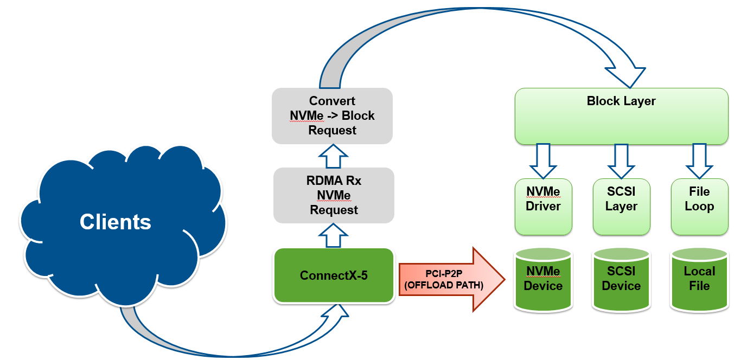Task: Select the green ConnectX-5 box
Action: click(x=334, y=275)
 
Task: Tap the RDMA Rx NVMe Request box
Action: click(x=334, y=195)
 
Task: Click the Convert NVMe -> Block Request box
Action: click(x=332, y=116)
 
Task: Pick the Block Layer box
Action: click(x=621, y=117)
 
